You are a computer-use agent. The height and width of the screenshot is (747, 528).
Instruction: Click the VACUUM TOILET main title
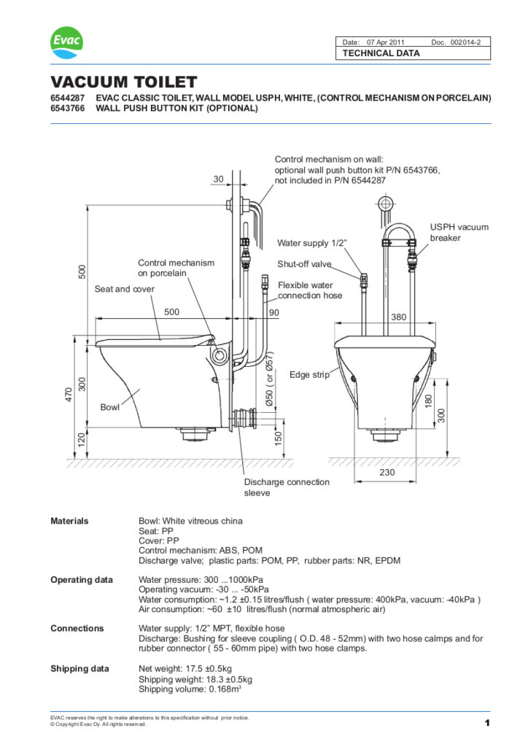click(123, 82)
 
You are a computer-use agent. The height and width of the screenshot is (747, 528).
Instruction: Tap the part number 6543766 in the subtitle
click(66, 109)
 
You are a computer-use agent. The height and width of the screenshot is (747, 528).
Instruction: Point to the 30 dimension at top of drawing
click(219, 179)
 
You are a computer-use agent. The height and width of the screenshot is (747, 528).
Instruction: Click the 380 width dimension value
click(398, 317)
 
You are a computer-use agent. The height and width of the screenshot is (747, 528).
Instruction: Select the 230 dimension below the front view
click(387, 472)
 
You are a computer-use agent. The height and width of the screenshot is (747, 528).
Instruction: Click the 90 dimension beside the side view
click(274, 312)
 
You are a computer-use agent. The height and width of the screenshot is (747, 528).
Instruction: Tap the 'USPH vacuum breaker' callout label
click(459, 233)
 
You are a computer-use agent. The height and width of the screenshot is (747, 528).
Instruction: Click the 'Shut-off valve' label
click(304, 264)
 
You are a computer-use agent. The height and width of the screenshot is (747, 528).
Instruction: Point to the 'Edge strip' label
click(309, 375)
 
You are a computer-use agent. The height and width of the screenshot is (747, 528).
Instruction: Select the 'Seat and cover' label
click(125, 289)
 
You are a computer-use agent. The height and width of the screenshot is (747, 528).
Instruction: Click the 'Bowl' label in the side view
click(110, 406)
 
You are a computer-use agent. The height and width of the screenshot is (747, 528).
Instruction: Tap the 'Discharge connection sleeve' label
click(286, 487)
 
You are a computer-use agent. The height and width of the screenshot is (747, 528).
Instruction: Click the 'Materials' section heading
click(69, 521)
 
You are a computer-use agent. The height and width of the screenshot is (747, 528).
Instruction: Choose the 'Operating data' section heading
click(81, 579)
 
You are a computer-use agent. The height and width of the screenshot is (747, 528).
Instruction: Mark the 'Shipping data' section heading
click(79, 668)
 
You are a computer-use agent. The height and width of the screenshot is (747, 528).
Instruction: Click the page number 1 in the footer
click(486, 723)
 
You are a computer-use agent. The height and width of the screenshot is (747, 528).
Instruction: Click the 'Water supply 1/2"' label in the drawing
click(311, 242)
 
